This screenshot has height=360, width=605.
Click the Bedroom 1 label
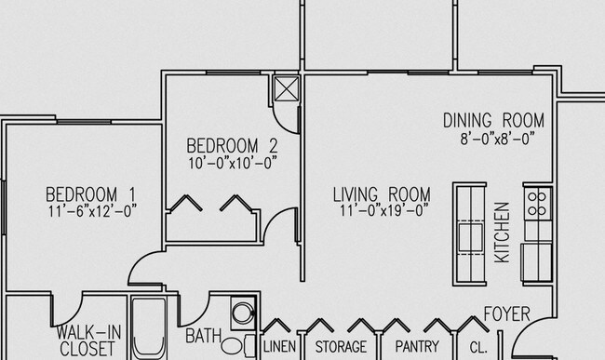click(x=91, y=194)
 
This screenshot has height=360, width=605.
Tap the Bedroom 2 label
click(x=232, y=145)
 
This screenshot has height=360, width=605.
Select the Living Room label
click(x=382, y=194)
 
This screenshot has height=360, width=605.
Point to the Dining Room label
click(x=493, y=121)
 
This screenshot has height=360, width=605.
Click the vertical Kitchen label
click(x=502, y=232)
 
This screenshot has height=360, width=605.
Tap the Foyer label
click(x=506, y=313)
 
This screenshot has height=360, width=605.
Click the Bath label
click(x=202, y=335)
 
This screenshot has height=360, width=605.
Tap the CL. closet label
click(x=478, y=349)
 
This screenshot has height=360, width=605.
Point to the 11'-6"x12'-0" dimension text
click(x=91, y=210)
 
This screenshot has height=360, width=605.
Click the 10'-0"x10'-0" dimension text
click(x=232, y=161)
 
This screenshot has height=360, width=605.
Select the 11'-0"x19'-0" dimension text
click(x=382, y=210)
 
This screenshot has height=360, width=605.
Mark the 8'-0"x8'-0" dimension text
click(x=493, y=138)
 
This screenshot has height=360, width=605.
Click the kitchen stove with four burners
click(x=537, y=203)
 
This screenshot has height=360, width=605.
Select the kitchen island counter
click(x=470, y=231)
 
